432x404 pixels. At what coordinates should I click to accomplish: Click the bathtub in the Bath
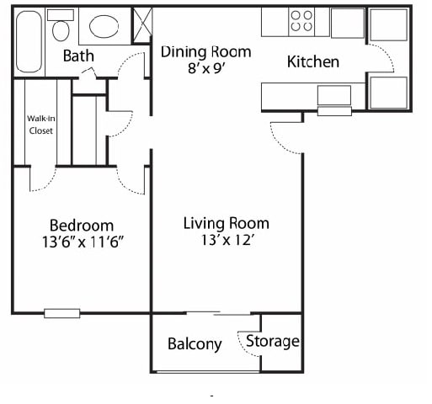tap(29, 42)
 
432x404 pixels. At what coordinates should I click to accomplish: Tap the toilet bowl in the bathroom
tap(61, 30)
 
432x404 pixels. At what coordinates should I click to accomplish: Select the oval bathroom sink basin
tap(104, 27)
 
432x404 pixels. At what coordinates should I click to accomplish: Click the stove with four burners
tap(301, 22)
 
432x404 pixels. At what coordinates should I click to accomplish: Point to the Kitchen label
tap(313, 61)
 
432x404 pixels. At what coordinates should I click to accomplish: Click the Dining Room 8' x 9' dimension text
tap(206, 68)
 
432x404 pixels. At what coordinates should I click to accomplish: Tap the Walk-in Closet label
tap(41, 125)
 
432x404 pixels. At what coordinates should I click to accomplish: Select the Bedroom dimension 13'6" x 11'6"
tap(83, 242)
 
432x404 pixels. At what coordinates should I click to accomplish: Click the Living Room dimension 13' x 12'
tap(227, 240)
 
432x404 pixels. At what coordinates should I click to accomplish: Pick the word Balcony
tap(195, 344)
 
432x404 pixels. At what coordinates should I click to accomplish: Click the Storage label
tap(273, 342)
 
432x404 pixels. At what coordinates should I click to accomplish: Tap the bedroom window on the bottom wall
tap(62, 313)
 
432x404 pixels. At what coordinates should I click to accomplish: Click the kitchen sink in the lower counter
tap(334, 95)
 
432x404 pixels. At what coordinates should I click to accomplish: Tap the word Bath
tap(78, 56)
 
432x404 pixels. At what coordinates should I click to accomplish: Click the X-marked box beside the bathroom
tap(142, 25)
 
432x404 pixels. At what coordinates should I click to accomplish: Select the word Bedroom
tap(82, 226)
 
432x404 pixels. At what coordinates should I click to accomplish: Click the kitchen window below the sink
tap(334, 111)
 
